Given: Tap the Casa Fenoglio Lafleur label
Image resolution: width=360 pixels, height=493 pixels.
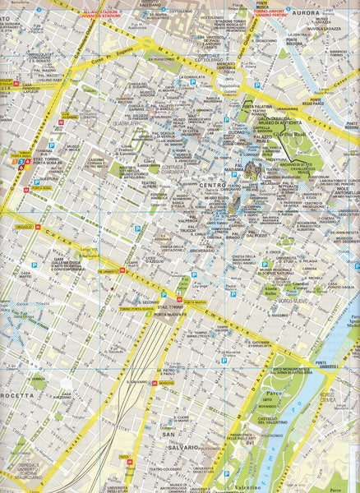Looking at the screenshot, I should (32, 90).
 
